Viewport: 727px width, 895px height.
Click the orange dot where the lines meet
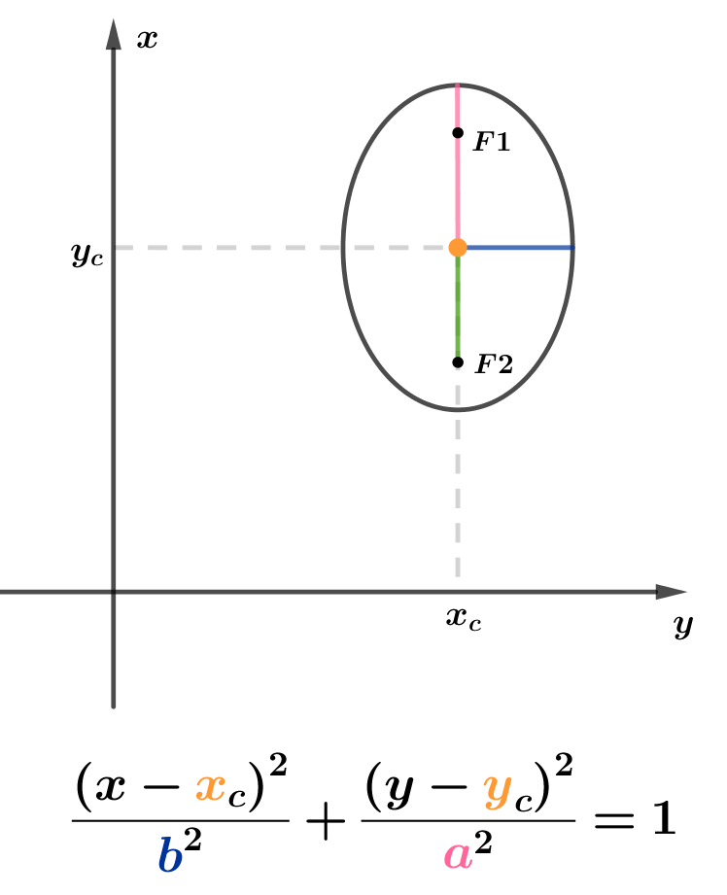coord(458,248)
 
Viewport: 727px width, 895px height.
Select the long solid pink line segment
coord(458,189)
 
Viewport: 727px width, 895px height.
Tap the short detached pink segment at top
coord(458,105)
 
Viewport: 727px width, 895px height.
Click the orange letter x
coord(211,786)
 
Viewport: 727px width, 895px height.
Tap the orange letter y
coord(497,788)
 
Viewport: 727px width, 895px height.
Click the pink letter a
coord(458,855)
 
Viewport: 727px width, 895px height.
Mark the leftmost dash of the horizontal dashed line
coord(123,248)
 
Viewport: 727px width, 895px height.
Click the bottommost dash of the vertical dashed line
coord(458,567)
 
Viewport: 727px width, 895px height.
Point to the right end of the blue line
coord(572,248)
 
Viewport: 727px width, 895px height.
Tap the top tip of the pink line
coord(458,86)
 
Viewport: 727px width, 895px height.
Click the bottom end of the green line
coord(458,355)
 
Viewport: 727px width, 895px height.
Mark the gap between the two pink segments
coord(458,132)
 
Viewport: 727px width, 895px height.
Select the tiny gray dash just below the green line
coord(458,369)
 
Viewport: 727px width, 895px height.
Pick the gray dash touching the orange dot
coord(434,248)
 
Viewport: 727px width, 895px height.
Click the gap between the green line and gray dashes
coord(458,362)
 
